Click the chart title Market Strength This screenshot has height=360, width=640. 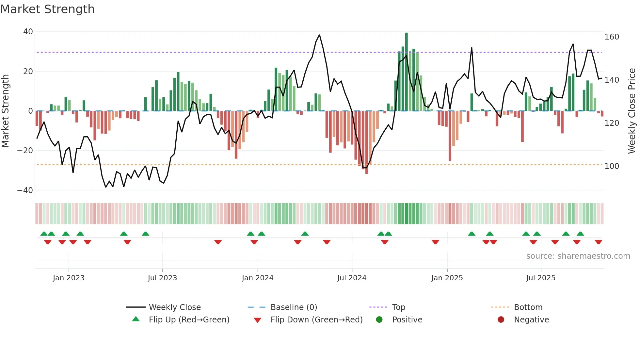(48, 9)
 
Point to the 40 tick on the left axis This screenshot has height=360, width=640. (28, 32)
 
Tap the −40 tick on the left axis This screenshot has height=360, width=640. (25, 190)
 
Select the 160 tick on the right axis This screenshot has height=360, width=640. (612, 37)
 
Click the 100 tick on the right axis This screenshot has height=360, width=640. (612, 166)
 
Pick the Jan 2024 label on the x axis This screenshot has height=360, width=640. (258, 278)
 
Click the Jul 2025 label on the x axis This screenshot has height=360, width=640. (541, 278)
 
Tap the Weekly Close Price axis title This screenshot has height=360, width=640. (632, 111)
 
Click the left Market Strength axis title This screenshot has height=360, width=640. (6, 111)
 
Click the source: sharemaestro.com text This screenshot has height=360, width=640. (578, 256)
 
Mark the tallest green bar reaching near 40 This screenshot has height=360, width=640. (407, 72)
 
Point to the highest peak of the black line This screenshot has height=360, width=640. (319, 35)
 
